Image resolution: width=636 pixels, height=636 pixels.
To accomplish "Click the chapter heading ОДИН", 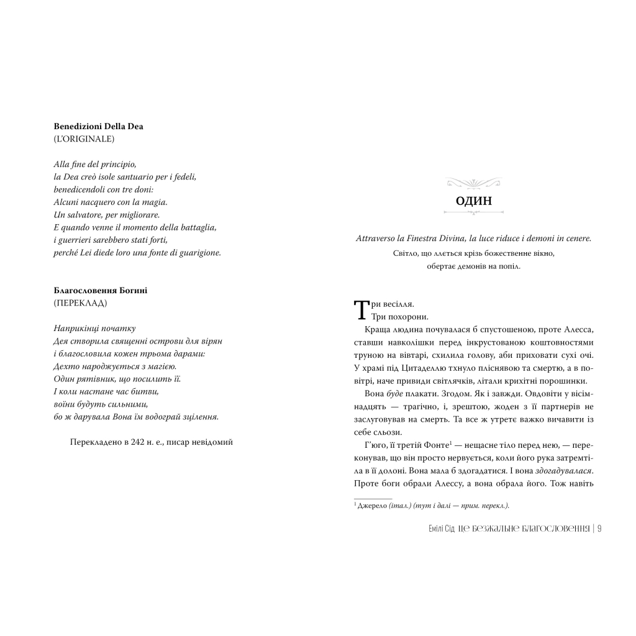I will click(473, 201).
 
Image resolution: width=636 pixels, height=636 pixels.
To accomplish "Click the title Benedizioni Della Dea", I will click(99, 126).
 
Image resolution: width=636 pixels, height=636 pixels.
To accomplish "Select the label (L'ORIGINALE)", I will click(84, 139).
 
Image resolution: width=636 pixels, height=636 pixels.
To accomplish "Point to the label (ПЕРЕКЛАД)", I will click(80, 303).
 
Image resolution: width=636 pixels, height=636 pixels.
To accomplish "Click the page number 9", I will click(600, 529).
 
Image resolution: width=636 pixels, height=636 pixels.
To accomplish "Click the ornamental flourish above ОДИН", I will click(473, 183).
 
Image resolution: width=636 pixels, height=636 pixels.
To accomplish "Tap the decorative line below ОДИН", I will click(473, 212).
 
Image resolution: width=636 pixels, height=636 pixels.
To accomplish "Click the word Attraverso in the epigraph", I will click(376, 238).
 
